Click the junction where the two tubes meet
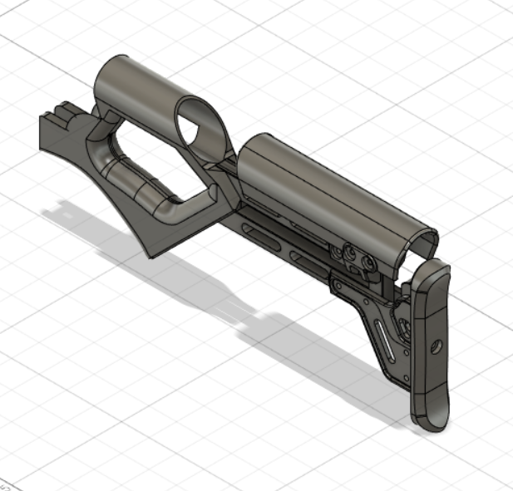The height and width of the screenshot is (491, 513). (233, 162)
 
